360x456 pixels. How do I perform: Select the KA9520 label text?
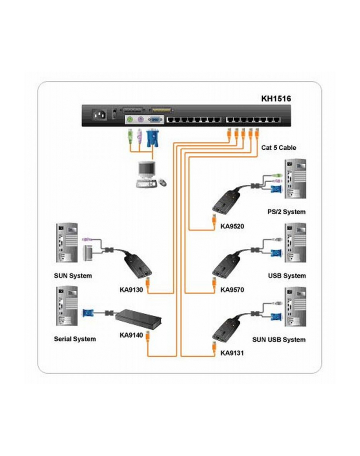tap(232, 226)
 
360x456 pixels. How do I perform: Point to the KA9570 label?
tap(232, 290)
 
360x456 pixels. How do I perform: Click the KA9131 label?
tap(232, 353)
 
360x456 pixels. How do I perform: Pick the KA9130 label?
tap(131, 290)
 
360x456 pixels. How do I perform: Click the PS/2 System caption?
tap(286, 212)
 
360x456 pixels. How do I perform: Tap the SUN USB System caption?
tap(279, 340)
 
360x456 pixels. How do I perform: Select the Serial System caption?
tap(75, 339)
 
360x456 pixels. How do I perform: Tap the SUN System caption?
tap(73, 276)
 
